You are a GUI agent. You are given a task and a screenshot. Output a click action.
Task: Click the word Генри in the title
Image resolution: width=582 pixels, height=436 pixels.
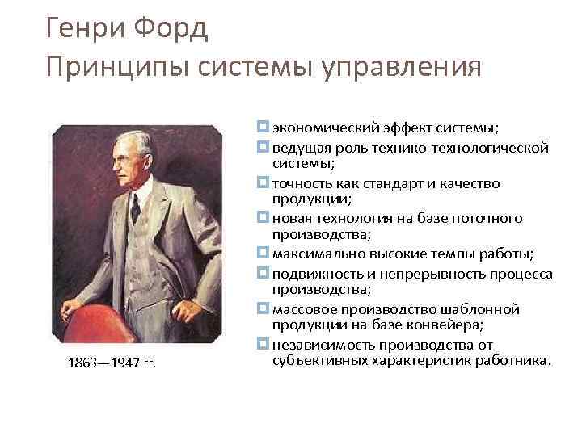pyautogui.click(x=83, y=30)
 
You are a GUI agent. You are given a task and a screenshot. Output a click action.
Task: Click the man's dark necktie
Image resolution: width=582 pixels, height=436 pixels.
pyautogui.click(x=136, y=206)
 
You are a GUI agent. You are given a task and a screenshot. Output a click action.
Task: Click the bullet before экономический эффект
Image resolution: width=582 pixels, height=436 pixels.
pyautogui.click(x=264, y=127)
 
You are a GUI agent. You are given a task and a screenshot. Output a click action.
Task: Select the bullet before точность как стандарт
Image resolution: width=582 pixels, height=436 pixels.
pyautogui.click(x=264, y=183)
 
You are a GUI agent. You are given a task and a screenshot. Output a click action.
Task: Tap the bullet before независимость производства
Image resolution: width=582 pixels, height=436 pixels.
pyautogui.click(x=264, y=346)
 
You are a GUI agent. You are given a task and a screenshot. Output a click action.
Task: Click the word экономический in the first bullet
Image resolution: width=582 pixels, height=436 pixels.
pyautogui.click(x=317, y=128)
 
